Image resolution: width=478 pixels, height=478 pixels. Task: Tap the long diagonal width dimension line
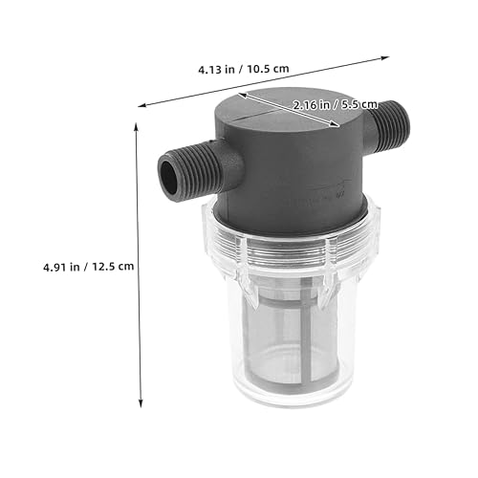click(277, 82)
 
